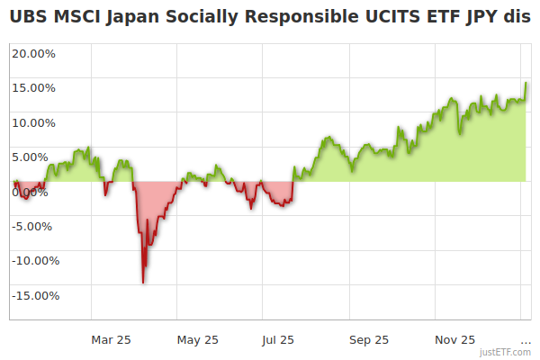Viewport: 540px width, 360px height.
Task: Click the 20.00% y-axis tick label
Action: pos(32,53)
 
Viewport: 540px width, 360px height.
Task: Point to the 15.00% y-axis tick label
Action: pos(32,88)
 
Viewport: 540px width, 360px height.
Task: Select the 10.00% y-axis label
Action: pos(32,123)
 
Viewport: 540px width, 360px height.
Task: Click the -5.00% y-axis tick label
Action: pos(34,226)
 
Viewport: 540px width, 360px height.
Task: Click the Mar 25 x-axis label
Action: pos(112,340)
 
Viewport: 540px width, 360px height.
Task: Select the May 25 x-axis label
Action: pos(198,340)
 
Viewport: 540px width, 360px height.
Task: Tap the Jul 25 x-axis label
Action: pos(278,340)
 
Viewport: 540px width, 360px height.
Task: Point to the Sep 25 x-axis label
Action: pos(369,340)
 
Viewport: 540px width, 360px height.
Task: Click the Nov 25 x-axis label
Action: pos(455,340)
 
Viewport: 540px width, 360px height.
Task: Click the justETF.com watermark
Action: pos(505,352)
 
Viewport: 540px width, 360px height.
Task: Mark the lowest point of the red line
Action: pos(143,283)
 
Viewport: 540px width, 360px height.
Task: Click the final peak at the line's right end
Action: pos(526,83)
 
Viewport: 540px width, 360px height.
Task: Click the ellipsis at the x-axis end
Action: pos(526,342)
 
